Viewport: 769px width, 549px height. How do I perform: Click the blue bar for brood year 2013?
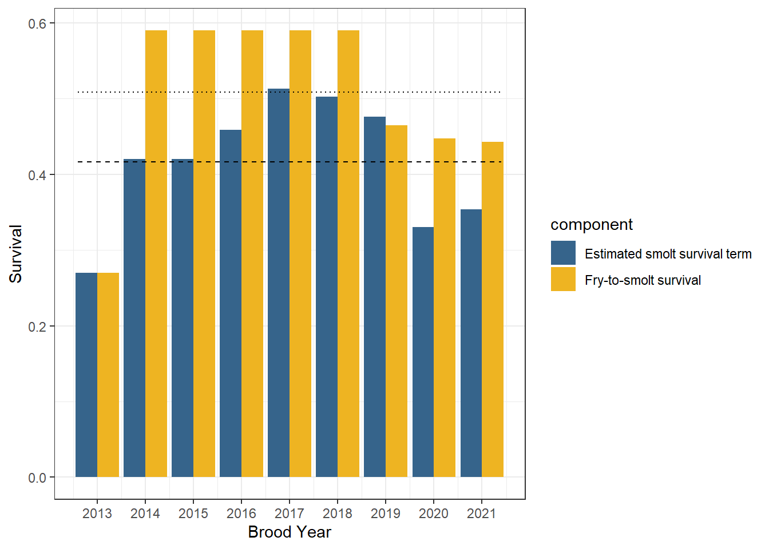click(x=86, y=375)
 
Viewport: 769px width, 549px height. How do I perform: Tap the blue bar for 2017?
click(x=279, y=283)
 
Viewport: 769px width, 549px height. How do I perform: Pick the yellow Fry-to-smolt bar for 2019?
click(x=397, y=301)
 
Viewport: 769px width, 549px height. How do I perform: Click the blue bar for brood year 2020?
click(x=423, y=352)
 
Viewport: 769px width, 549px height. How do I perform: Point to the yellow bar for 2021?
click(x=493, y=309)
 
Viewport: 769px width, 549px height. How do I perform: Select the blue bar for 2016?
click(x=231, y=303)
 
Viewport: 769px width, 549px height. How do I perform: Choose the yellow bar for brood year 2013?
click(x=108, y=375)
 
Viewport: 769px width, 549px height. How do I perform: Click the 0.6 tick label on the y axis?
click(x=37, y=23)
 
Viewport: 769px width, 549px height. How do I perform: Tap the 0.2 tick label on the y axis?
click(x=37, y=327)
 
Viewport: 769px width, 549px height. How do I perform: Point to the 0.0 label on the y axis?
click(x=37, y=478)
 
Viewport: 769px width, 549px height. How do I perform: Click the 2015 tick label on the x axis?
click(x=193, y=514)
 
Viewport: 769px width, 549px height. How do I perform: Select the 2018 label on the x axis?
click(x=338, y=514)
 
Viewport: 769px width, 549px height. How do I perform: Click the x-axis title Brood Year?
click(x=290, y=532)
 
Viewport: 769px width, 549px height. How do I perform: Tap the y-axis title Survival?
click(x=15, y=254)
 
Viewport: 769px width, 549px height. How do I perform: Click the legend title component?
click(x=591, y=225)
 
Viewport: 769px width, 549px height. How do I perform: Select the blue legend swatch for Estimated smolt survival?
click(x=563, y=253)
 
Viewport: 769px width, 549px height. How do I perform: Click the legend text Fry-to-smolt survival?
click(x=643, y=280)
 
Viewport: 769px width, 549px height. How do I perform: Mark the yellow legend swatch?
click(x=563, y=280)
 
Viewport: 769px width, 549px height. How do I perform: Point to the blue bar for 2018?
click(x=327, y=287)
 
